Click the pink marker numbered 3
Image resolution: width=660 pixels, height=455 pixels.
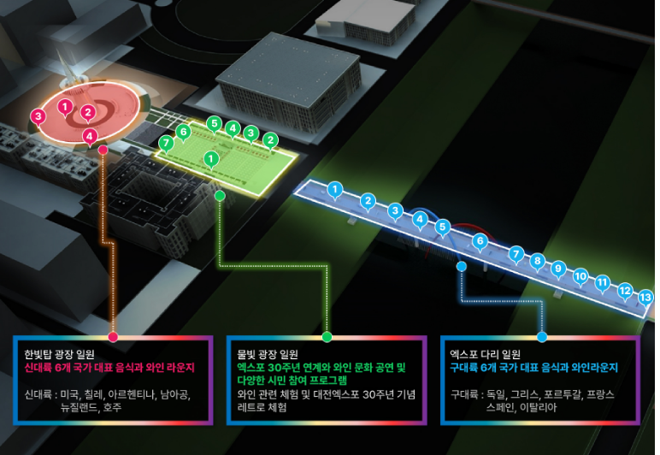click(38, 116)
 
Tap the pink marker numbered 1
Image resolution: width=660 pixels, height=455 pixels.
click(65, 108)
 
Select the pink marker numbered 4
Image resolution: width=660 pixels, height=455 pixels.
click(90, 137)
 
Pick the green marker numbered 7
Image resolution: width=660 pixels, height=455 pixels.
click(166, 144)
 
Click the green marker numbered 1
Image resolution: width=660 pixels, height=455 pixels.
click(211, 160)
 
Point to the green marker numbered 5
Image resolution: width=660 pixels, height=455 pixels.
click(215, 124)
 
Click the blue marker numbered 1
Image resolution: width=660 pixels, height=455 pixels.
click(335, 190)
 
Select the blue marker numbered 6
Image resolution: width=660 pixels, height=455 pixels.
click(480, 242)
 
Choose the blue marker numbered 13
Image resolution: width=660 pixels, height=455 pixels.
click(645, 298)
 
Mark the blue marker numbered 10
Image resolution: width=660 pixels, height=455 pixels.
click(580, 277)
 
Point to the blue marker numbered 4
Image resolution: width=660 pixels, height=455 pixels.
click(420, 220)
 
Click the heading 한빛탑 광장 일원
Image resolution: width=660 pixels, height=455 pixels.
click(59, 354)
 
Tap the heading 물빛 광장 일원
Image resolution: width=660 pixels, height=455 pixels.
click(268, 354)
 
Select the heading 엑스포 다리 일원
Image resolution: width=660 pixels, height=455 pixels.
click(486, 354)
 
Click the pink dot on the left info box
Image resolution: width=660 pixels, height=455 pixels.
click(113, 337)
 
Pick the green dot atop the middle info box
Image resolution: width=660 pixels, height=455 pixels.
click(327, 337)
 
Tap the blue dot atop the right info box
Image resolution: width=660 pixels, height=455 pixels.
click(542, 337)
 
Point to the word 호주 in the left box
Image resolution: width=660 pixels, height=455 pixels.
click(112, 407)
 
